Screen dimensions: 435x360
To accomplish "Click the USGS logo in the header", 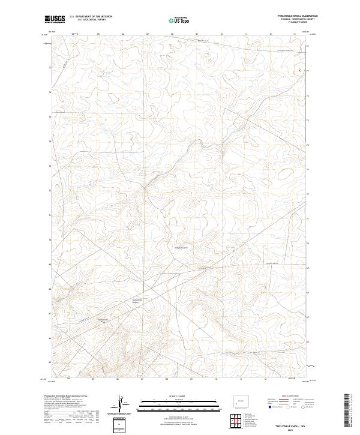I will click(55, 19).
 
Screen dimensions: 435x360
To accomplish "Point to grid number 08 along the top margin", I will click(173, 34).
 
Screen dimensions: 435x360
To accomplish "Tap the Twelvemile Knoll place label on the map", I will click(181, 247).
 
